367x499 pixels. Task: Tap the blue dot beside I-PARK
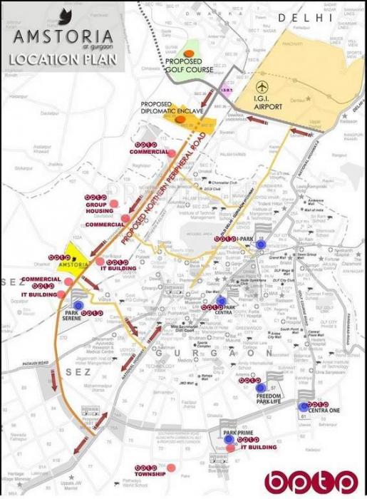pyautogui.click(x=261, y=244)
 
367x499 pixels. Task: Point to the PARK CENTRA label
pyautogui.click(x=218, y=311)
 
